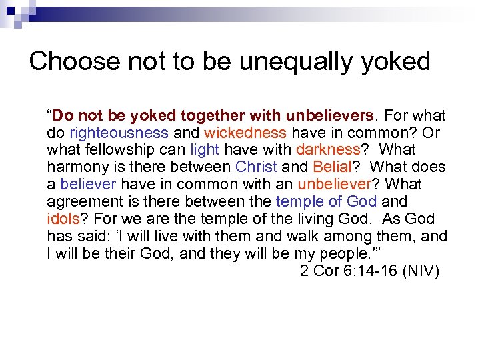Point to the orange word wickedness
pos(245,133)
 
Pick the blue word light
pos(203,150)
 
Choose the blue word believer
pos(89,185)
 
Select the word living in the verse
pos(320,219)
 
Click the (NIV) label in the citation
pos(421,271)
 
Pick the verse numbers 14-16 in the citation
pos(375,271)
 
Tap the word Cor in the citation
pos(327,271)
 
